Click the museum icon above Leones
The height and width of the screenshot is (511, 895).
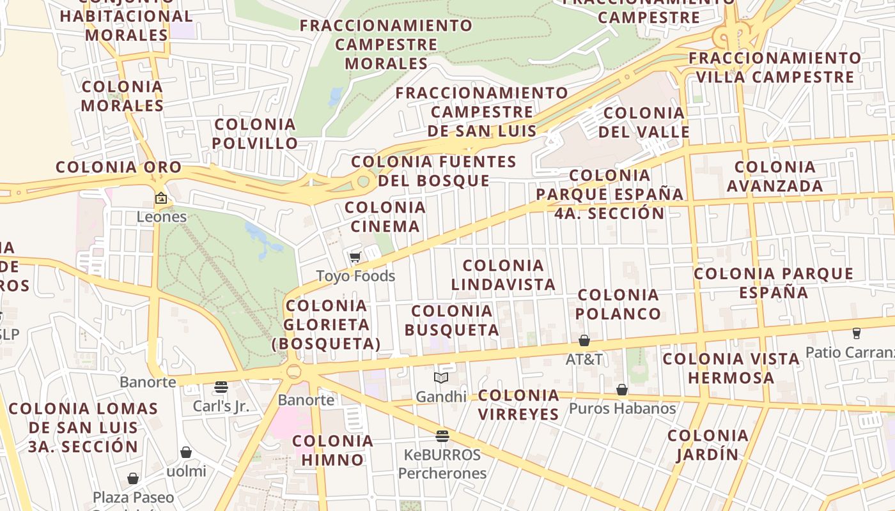click(x=160, y=198)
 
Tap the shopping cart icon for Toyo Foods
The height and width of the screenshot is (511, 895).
click(x=355, y=257)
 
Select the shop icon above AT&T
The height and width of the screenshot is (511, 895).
click(x=584, y=340)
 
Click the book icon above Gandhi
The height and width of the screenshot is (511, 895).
click(x=441, y=378)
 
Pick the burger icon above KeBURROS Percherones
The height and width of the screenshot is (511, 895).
click(x=442, y=436)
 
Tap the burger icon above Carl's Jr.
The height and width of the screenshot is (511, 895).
click(x=221, y=387)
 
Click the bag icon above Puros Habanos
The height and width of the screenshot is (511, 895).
click(x=621, y=390)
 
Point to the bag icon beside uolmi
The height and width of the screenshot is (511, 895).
click(x=186, y=453)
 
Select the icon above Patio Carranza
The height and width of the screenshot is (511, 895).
click(x=856, y=333)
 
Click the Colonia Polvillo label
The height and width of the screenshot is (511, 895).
click(x=255, y=133)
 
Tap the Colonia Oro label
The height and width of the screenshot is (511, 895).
click(x=119, y=167)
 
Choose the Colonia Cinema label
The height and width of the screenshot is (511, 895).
click(x=385, y=217)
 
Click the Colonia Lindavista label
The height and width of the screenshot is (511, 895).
click(x=503, y=275)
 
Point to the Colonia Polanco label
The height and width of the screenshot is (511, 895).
click(x=618, y=304)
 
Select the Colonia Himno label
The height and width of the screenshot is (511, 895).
click(x=332, y=450)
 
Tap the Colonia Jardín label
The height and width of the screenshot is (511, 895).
click(x=708, y=445)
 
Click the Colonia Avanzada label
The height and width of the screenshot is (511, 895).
click(x=775, y=176)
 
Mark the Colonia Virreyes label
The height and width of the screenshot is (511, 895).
click(x=518, y=404)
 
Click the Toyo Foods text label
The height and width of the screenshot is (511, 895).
click(x=355, y=276)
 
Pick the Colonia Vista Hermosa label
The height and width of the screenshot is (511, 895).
click(x=731, y=368)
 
